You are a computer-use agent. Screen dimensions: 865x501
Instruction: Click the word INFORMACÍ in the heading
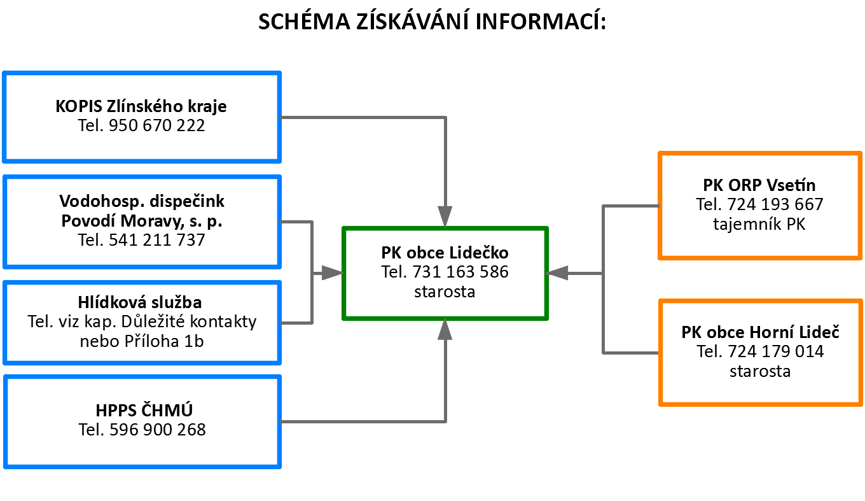[x=541, y=21]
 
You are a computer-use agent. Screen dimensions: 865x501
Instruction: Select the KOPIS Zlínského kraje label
[x=141, y=106]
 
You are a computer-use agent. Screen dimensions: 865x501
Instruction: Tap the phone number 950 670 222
[x=156, y=125]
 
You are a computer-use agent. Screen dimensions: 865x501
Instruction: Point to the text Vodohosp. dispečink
[x=142, y=201]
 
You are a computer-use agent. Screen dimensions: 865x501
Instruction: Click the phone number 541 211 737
[x=156, y=240]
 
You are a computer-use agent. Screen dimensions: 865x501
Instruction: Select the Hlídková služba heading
[x=140, y=302]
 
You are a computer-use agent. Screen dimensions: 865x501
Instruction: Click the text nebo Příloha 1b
[x=142, y=341]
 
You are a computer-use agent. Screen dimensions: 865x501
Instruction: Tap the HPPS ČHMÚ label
[x=144, y=410]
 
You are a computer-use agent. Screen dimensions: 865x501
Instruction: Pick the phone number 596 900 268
[x=158, y=430]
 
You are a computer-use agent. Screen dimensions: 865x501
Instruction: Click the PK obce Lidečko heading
[x=445, y=253]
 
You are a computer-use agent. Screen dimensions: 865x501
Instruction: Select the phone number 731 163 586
[x=460, y=272]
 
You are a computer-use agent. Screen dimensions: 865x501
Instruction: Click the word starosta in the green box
[x=445, y=292]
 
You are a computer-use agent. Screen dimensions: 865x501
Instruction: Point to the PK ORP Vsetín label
[x=759, y=185]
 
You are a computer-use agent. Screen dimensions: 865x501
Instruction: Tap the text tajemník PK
[x=759, y=224]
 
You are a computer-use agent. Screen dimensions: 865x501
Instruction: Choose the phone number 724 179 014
[x=776, y=351]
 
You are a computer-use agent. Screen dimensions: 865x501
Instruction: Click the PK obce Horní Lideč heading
[x=760, y=332]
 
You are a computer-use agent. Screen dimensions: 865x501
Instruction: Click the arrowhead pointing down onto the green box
[x=445, y=216]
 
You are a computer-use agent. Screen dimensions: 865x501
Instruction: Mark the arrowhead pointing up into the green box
[x=445, y=329]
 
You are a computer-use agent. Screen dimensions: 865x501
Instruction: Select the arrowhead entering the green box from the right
[x=558, y=273]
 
